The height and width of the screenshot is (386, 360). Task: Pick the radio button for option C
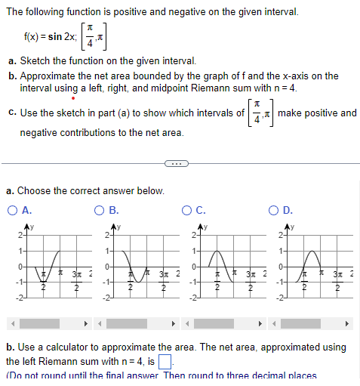point(188,210)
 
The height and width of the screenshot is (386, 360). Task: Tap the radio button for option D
point(277,210)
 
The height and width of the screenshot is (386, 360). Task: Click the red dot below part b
point(72,98)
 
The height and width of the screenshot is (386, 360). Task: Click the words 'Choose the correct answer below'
point(91,191)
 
